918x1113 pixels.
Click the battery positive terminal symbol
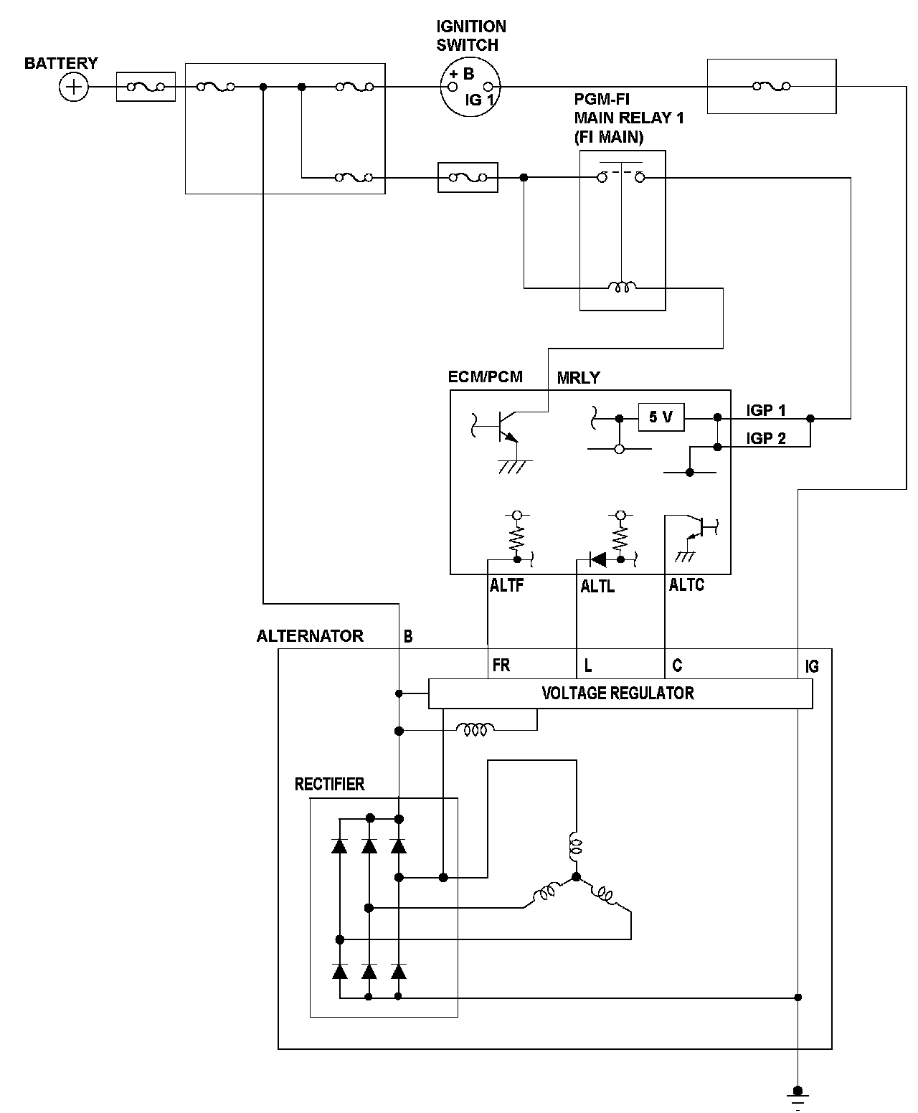pyautogui.click(x=74, y=87)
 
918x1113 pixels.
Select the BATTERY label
pyautogui.click(x=61, y=63)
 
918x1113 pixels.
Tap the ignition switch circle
pyautogui.click(x=470, y=87)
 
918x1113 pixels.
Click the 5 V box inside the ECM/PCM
pyautogui.click(x=661, y=417)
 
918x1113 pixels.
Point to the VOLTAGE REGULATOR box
pyautogui.click(x=620, y=693)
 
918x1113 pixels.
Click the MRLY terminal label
pyautogui.click(x=579, y=378)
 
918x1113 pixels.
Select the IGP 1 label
pyautogui.click(x=765, y=410)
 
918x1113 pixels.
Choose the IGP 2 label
pyautogui.click(x=765, y=438)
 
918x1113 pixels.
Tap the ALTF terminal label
pyautogui.click(x=506, y=585)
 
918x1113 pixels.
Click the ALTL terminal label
pyautogui.click(x=597, y=587)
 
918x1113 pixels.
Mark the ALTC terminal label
pyautogui.click(x=686, y=584)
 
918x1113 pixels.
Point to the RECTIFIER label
pyautogui.click(x=329, y=784)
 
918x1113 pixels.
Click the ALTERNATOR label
pyautogui.click(x=310, y=636)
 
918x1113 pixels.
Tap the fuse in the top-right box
pyautogui.click(x=772, y=86)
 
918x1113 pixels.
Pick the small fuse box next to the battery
pyautogui.click(x=146, y=87)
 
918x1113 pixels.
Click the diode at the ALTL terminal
pyautogui.click(x=597, y=559)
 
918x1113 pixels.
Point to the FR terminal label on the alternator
pyautogui.click(x=501, y=666)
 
